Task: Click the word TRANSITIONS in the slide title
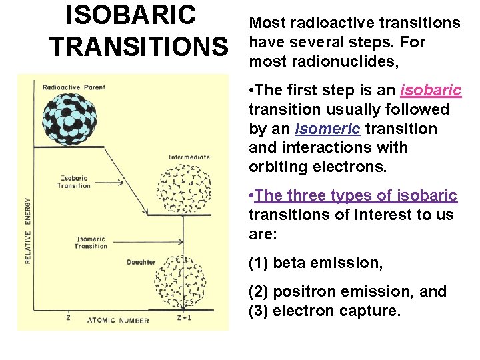point(138,47)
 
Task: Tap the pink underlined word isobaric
point(431,90)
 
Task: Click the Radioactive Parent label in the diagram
point(73,87)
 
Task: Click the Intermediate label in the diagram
point(189,157)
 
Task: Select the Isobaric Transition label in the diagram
point(74,182)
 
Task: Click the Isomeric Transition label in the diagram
point(91,243)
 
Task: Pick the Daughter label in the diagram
point(141,262)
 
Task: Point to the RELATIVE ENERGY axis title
point(28,230)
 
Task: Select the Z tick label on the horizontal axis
point(69,319)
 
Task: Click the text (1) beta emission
point(315,263)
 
